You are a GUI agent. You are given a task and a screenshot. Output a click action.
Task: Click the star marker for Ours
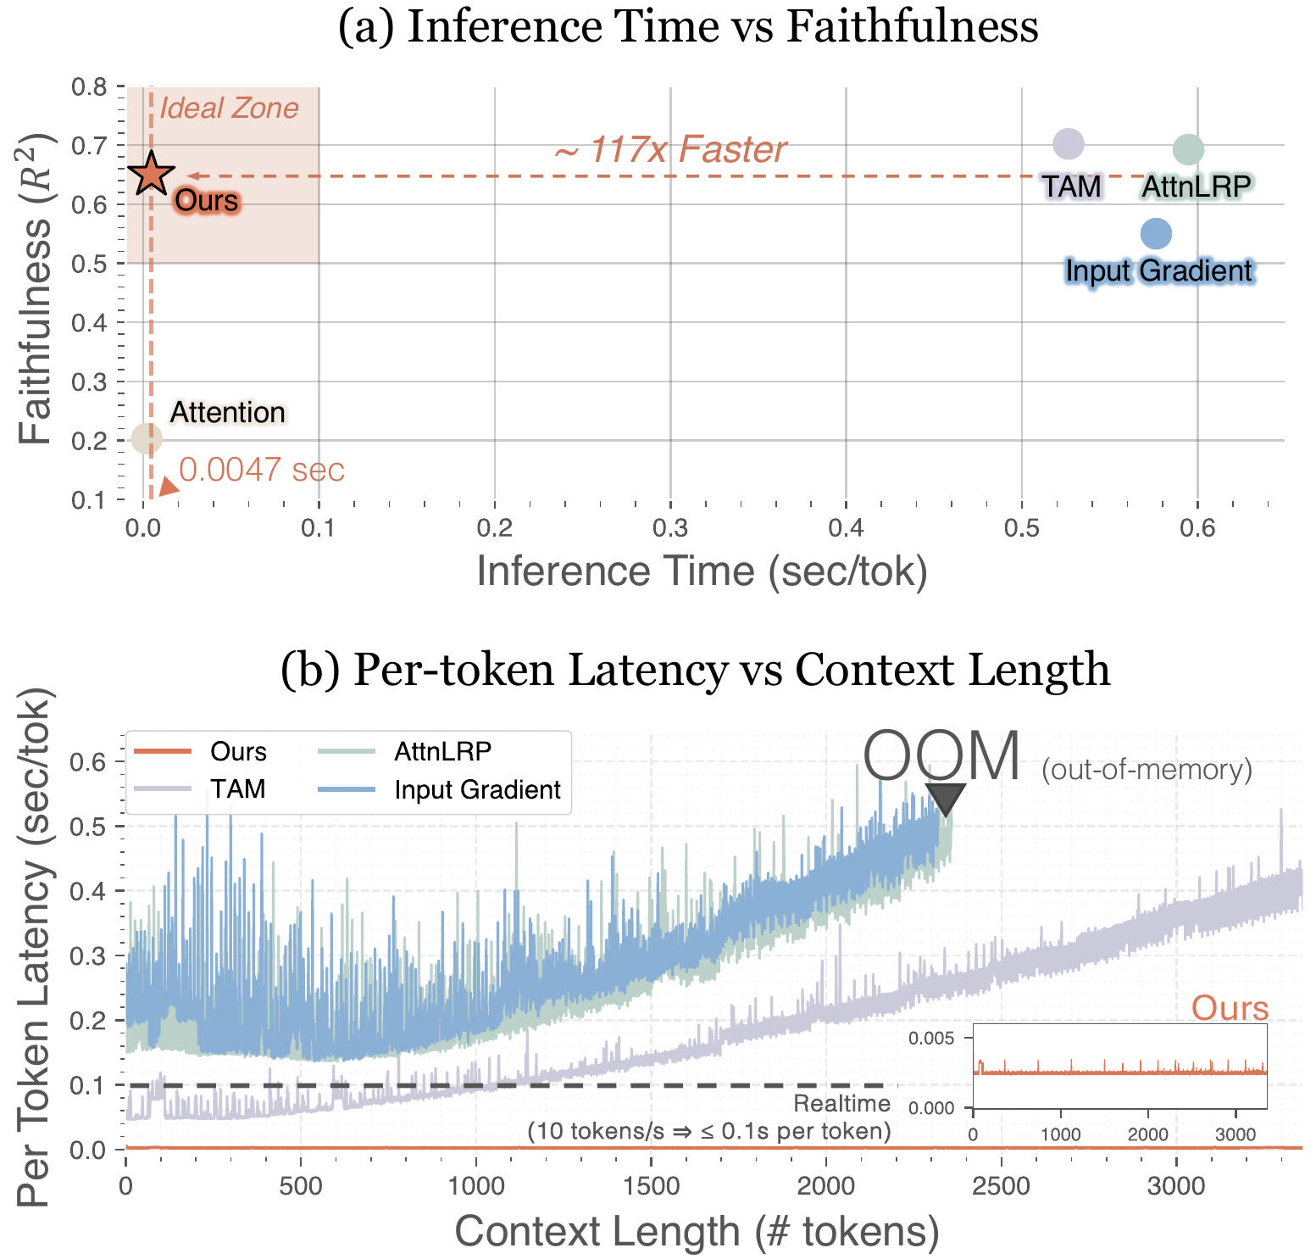pos(151,174)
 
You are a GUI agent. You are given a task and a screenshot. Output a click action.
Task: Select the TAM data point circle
pos(1068,144)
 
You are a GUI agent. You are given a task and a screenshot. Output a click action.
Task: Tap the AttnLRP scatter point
pos(1188,150)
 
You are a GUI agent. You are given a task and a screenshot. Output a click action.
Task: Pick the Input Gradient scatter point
pos(1156,233)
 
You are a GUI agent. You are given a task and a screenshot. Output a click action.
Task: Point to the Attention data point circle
pos(147,438)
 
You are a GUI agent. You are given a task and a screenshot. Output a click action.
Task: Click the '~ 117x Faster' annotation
pos(670,150)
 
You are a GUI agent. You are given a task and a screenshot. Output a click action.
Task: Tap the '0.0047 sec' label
pos(262,470)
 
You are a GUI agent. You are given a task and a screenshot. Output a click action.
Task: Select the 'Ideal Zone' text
pos(229,109)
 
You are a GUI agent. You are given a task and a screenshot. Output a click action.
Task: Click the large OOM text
pos(941,756)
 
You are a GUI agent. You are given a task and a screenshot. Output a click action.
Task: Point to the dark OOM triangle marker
pos(945,799)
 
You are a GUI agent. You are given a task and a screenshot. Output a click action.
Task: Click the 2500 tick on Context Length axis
pos(1001,1185)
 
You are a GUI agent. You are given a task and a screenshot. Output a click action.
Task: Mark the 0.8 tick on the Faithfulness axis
pos(89,87)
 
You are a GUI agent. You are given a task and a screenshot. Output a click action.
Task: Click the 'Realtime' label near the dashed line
pos(841,1103)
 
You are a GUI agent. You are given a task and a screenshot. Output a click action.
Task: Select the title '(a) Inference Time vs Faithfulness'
pos(688,28)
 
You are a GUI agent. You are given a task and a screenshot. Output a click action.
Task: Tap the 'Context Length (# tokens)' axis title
pos(697,1231)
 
